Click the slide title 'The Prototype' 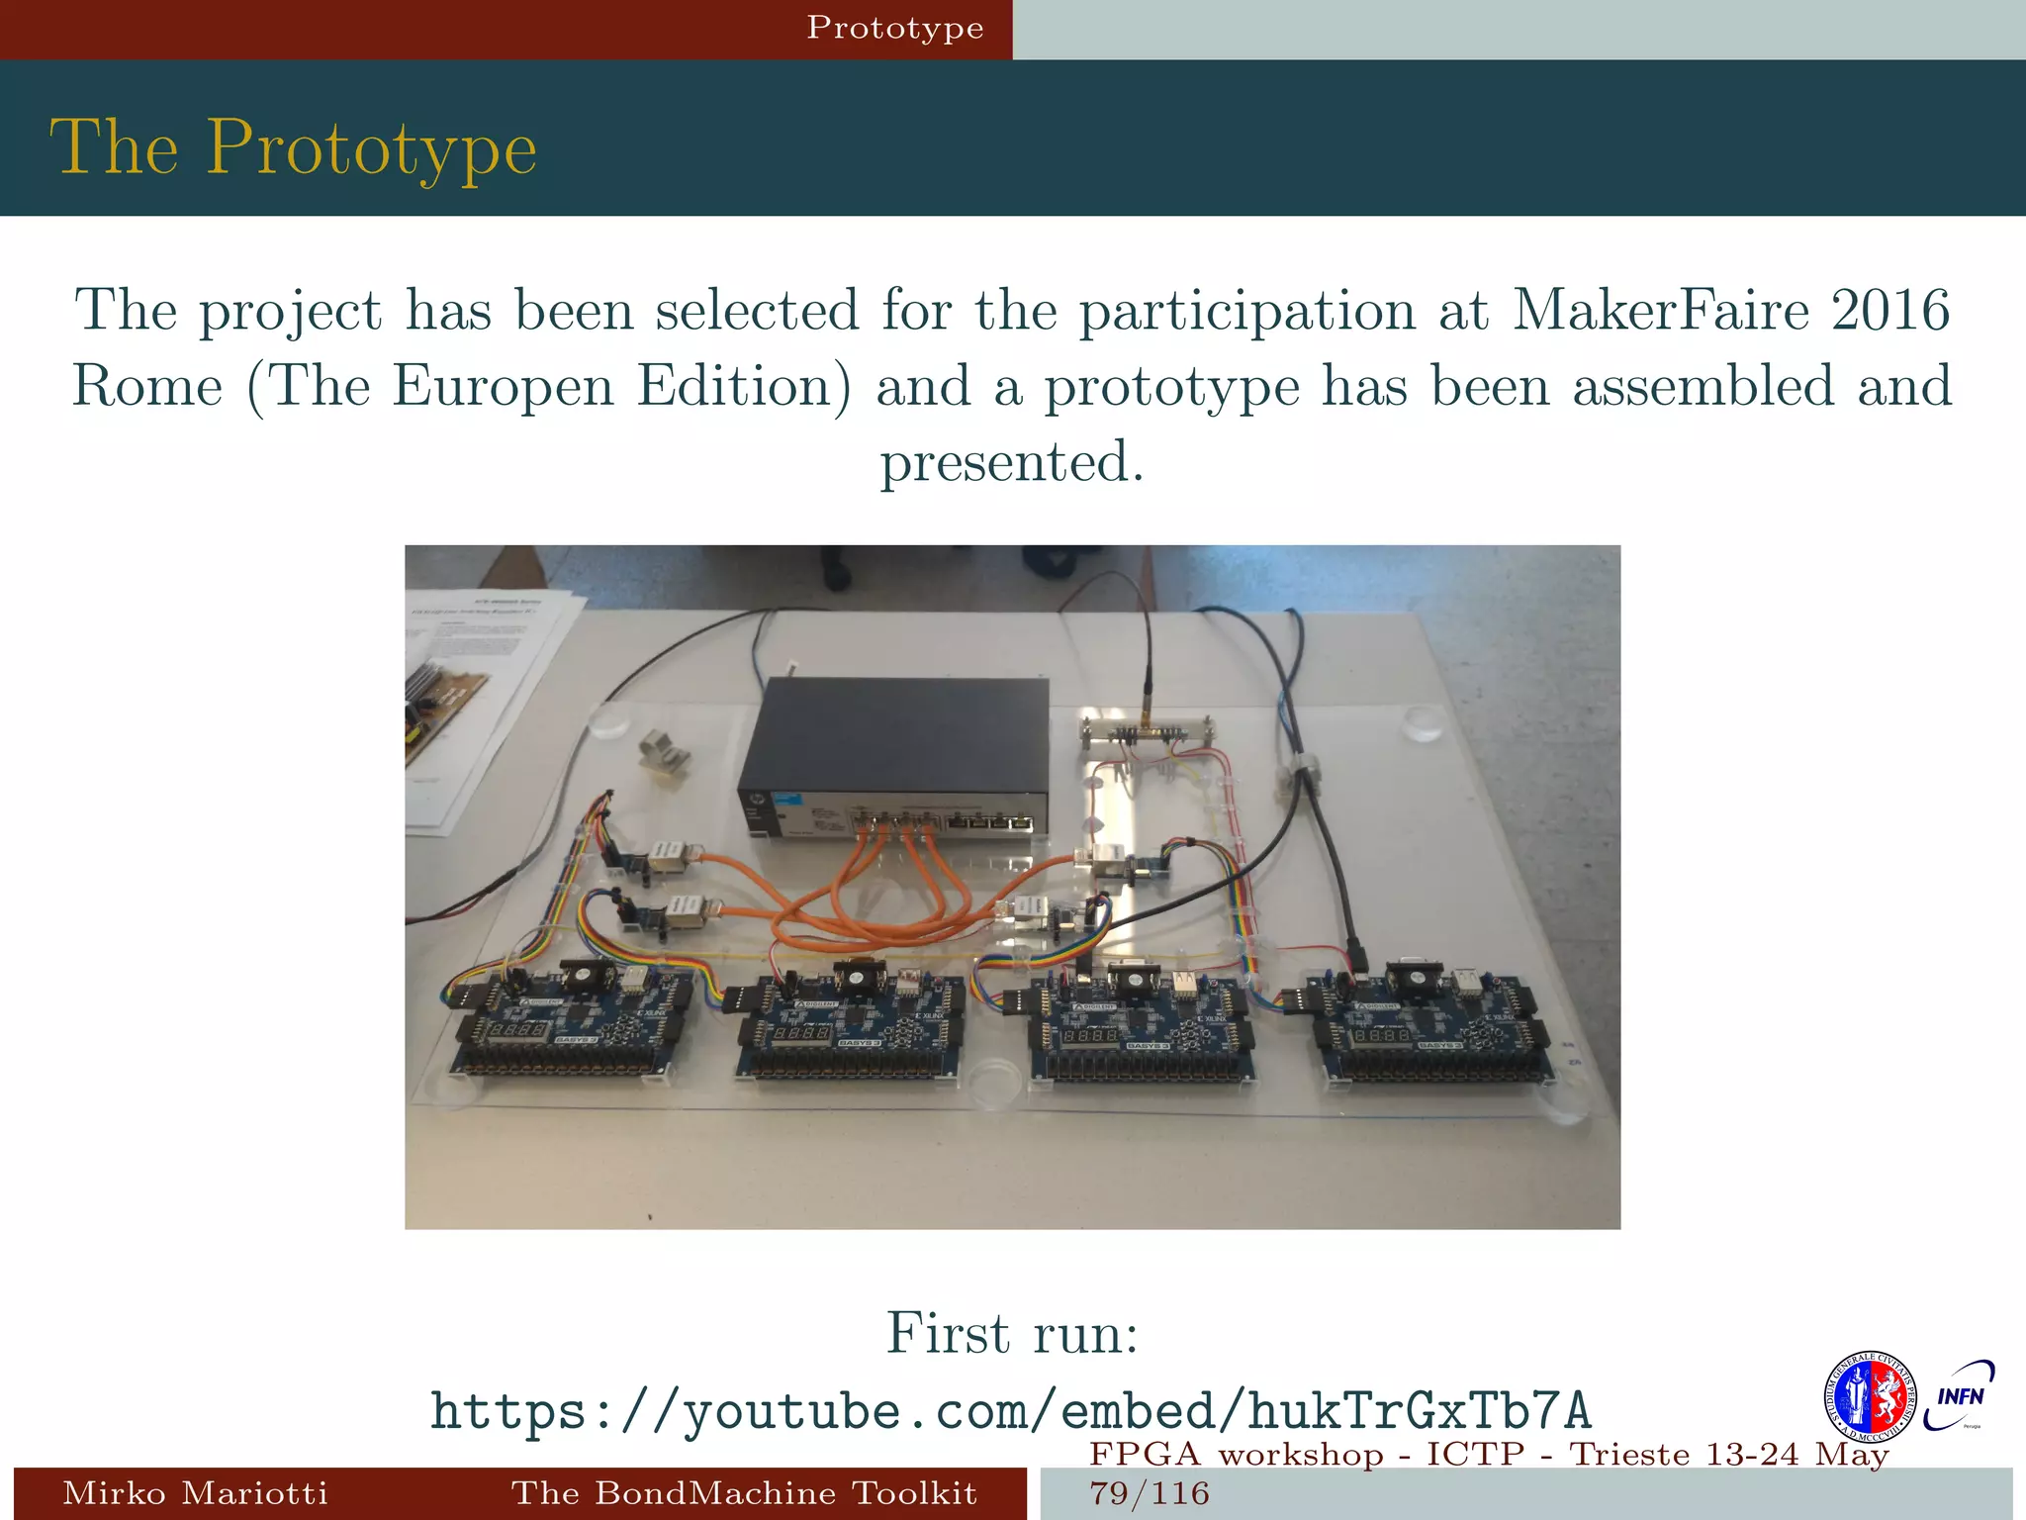tap(293, 148)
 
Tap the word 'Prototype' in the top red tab tap(894, 28)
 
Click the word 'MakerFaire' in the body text tap(1661, 311)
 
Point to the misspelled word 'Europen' tap(504, 386)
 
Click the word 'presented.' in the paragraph tap(1012, 462)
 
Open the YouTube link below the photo tap(1010, 1410)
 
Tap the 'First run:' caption tap(1012, 1333)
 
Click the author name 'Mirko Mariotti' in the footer tap(195, 1492)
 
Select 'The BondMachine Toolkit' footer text tap(744, 1492)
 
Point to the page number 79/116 tap(1150, 1493)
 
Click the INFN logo tap(1960, 1396)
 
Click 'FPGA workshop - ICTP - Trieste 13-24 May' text tap(1489, 1455)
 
